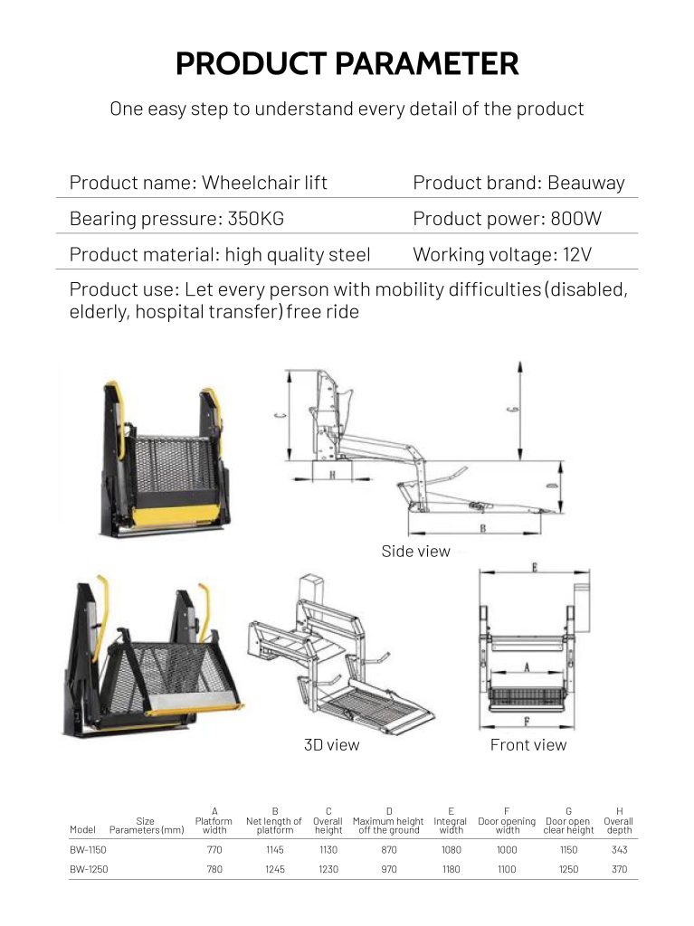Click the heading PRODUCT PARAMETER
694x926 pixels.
347,64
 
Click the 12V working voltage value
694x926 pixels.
575,255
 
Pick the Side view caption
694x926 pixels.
415,552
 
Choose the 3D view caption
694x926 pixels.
331,745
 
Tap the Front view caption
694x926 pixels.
528,745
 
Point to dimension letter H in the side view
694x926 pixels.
332,474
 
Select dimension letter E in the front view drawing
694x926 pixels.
536,568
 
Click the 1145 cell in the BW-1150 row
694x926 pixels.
274,850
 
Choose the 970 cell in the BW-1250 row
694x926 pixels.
388,870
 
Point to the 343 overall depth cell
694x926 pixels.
619,850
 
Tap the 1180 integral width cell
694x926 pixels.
451,870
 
